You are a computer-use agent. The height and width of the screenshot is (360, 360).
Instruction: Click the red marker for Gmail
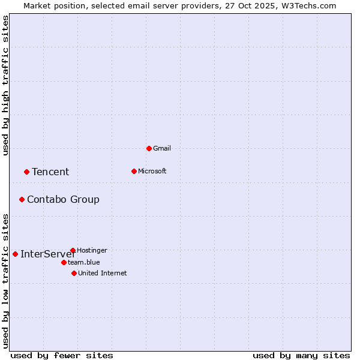149,148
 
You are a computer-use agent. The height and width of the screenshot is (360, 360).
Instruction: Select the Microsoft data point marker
134,171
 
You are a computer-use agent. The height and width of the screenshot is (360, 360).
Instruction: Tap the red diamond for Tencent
26,172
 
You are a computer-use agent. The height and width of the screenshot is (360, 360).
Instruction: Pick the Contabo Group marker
22,199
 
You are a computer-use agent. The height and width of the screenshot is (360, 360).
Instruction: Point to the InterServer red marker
15,254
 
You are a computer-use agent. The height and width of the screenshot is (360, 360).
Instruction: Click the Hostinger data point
73,250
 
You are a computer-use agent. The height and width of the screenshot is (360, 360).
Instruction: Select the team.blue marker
64,262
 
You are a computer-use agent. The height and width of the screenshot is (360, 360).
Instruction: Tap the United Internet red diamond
74,273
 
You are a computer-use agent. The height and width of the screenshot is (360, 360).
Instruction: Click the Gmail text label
162,148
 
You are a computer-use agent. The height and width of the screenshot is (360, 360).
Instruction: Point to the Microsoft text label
152,171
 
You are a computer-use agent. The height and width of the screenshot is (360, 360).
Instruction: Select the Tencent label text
50,172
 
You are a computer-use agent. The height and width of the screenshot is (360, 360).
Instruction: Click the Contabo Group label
63,200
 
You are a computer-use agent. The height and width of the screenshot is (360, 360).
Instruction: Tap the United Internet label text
103,273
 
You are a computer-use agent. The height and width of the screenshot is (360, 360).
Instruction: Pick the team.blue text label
84,262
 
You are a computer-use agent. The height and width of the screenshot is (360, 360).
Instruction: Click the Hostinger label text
92,250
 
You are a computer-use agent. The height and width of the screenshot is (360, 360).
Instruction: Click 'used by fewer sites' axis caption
62,355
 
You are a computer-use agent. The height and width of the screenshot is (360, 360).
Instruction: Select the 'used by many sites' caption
301,355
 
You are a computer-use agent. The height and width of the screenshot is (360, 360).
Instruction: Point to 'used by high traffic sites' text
5,85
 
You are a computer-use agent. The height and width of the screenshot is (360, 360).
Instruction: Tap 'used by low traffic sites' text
5,280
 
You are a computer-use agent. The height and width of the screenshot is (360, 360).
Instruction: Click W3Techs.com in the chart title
311,5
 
